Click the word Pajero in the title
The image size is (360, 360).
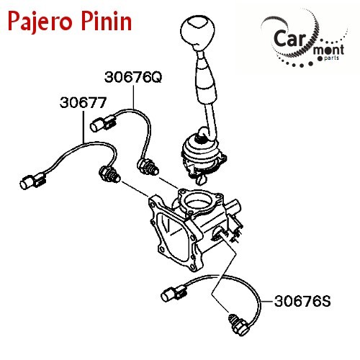tap(40, 22)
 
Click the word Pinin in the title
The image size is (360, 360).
tap(107, 20)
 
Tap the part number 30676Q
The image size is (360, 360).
tap(133, 77)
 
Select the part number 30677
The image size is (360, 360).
tap(83, 102)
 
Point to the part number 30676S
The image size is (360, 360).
tap(302, 301)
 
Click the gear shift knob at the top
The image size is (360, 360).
tap(197, 32)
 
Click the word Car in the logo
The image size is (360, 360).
tap(289, 38)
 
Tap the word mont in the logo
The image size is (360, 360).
tap(328, 50)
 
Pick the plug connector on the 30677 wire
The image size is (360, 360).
tap(32, 181)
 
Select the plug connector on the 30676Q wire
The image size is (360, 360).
tap(103, 123)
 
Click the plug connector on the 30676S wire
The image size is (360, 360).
tap(174, 293)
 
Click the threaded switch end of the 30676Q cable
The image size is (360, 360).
tap(148, 167)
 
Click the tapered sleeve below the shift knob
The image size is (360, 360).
tap(207, 77)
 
